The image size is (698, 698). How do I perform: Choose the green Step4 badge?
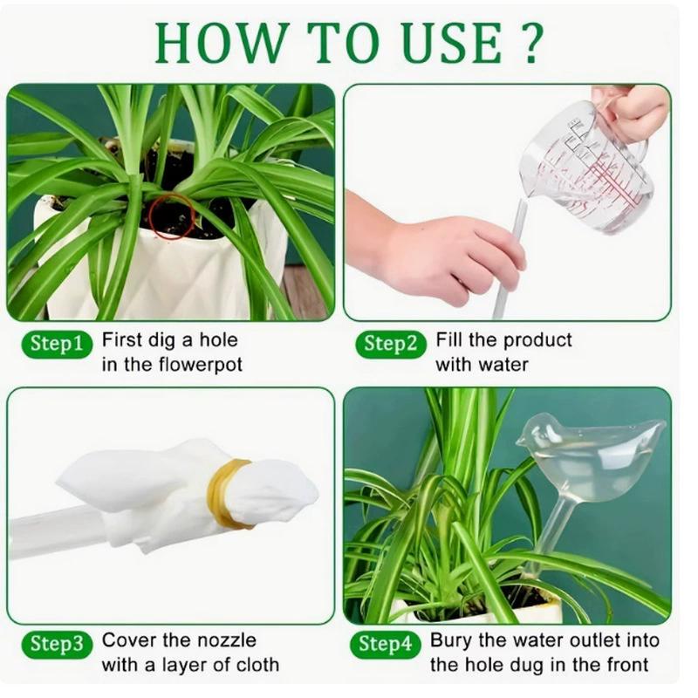coord(385,645)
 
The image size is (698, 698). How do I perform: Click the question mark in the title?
coord(532,42)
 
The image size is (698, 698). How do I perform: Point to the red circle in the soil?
coord(171,216)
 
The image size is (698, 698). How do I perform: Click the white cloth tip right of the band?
coord(279,494)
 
